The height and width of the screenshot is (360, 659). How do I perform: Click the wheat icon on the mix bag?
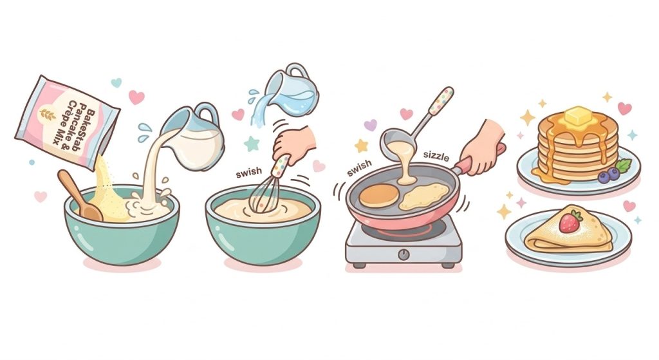coord(47,115)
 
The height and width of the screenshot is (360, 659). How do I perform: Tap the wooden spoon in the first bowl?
coord(79,196)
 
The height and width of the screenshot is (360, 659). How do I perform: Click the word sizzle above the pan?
coord(436,156)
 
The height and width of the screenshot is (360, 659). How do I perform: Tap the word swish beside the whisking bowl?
coord(249,172)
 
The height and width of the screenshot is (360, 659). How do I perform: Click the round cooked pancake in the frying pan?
coord(378,196)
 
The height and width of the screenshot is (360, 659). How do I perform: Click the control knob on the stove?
coord(404,254)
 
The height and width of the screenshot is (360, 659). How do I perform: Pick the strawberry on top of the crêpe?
coord(570,222)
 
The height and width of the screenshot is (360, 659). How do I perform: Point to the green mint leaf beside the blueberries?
coord(624,166)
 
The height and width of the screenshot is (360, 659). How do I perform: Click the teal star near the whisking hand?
coord(252,144)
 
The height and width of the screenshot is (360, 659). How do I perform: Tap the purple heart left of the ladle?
coord(370,125)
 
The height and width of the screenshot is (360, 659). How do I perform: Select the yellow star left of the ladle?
coord(362,146)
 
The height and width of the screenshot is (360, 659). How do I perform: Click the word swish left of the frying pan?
coord(360,167)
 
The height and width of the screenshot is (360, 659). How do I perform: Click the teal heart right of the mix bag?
coord(116,82)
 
